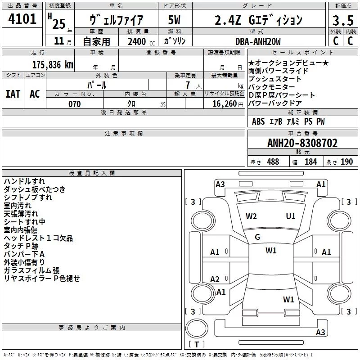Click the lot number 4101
coord(22,19)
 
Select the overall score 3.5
coord(343,20)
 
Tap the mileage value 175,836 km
coord(53,64)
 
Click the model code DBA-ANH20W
coord(258,41)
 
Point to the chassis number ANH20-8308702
coord(302,143)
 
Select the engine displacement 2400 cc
coord(141,41)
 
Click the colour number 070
coord(74,104)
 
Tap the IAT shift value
coord(13,94)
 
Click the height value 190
coord(346,162)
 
